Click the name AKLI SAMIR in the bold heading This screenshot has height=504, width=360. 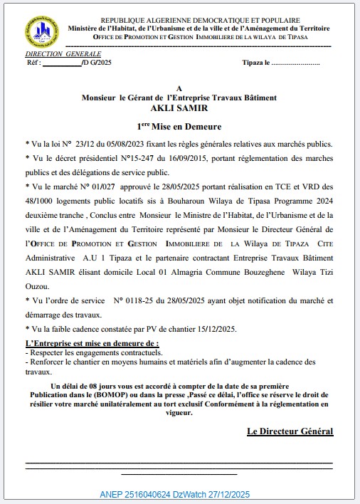[x=179, y=108]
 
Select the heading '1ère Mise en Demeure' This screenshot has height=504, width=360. [x=179, y=125]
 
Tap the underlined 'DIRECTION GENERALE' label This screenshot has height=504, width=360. [x=63, y=54]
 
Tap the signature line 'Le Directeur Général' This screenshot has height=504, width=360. [x=290, y=431]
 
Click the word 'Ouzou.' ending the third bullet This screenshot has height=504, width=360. [x=38, y=285]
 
